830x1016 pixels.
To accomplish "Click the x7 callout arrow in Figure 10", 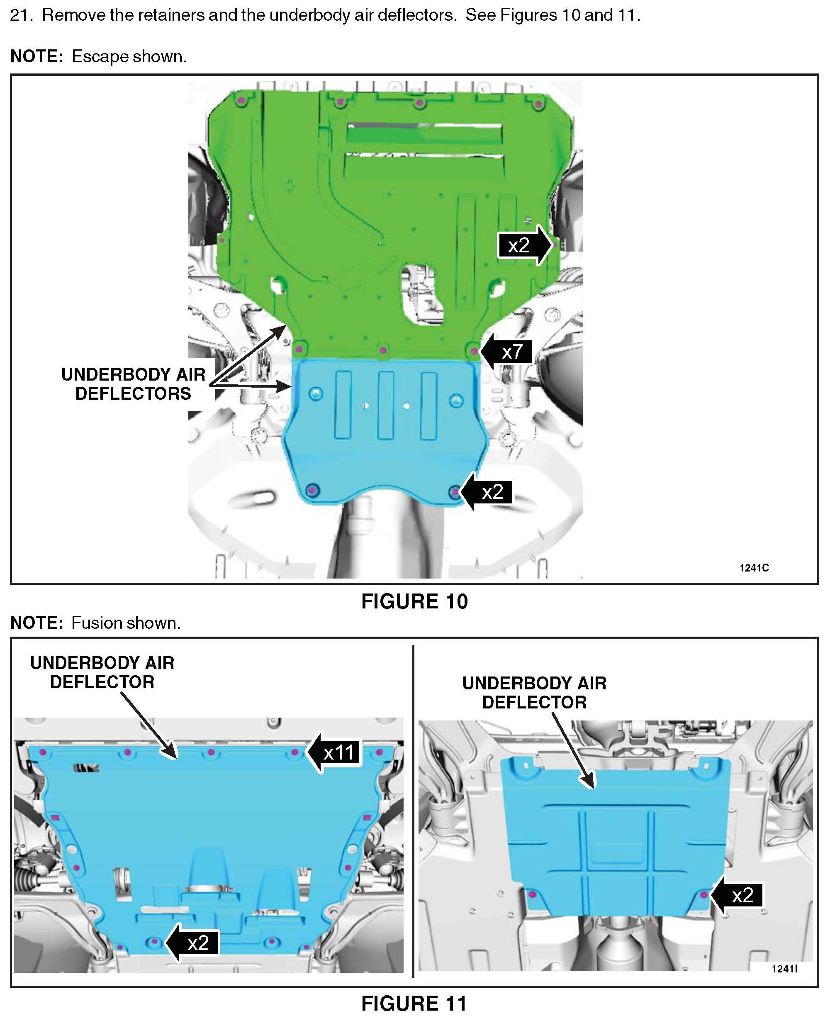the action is (x=506, y=352).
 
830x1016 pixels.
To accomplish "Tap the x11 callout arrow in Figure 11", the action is (x=333, y=753).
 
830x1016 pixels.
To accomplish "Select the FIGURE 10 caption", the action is (x=414, y=602).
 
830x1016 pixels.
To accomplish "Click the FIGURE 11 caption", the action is (x=414, y=1004).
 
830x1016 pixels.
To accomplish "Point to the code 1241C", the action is (x=754, y=568).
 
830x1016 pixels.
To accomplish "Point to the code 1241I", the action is (x=784, y=969).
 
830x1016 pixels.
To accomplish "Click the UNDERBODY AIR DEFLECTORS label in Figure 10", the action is (x=134, y=384).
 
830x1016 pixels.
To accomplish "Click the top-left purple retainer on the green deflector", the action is (x=241, y=99).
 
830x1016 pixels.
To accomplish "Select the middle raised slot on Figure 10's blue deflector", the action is (x=386, y=405).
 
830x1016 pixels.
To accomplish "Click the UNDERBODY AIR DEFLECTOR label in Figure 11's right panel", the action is (x=534, y=693).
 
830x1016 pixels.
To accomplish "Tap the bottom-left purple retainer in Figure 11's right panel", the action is (x=533, y=894).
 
